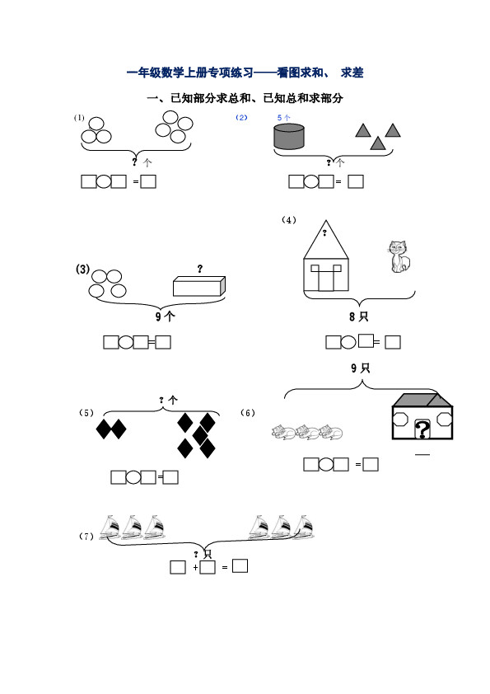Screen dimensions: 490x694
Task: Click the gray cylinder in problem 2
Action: pyautogui.click(x=289, y=136)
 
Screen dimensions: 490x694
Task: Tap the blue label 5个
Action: pyautogui.click(x=284, y=117)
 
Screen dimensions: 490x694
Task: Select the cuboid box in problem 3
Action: pyautogui.click(x=199, y=286)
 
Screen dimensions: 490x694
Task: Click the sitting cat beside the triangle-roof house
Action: pyautogui.click(x=399, y=256)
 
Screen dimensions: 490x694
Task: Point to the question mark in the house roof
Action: pyautogui.click(x=324, y=232)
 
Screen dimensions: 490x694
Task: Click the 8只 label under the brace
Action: pyautogui.click(x=358, y=317)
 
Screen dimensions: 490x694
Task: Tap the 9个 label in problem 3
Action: pyautogui.click(x=165, y=316)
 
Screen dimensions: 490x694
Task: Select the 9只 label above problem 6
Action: pyautogui.click(x=360, y=368)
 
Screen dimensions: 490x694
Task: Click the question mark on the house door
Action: pyautogui.click(x=422, y=429)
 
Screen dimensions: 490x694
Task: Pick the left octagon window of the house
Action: pyautogui.click(x=400, y=419)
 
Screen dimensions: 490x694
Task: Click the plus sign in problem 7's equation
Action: pyautogui.click(x=195, y=567)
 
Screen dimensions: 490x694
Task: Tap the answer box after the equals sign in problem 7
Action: pyautogui.click(x=240, y=565)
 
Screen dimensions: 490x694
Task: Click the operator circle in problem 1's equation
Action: pyautogui.click(x=104, y=181)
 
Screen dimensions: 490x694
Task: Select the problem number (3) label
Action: pyautogui.click(x=82, y=269)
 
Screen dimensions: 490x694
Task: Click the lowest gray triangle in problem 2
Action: pyautogui.click(x=377, y=143)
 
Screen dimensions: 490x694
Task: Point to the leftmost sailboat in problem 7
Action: pyautogui.click(x=110, y=527)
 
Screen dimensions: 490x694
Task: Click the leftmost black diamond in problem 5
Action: pyautogui.click(x=103, y=429)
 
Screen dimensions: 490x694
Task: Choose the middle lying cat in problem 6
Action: pyautogui.click(x=308, y=432)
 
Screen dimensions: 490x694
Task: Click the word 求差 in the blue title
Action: pyautogui.click(x=352, y=73)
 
